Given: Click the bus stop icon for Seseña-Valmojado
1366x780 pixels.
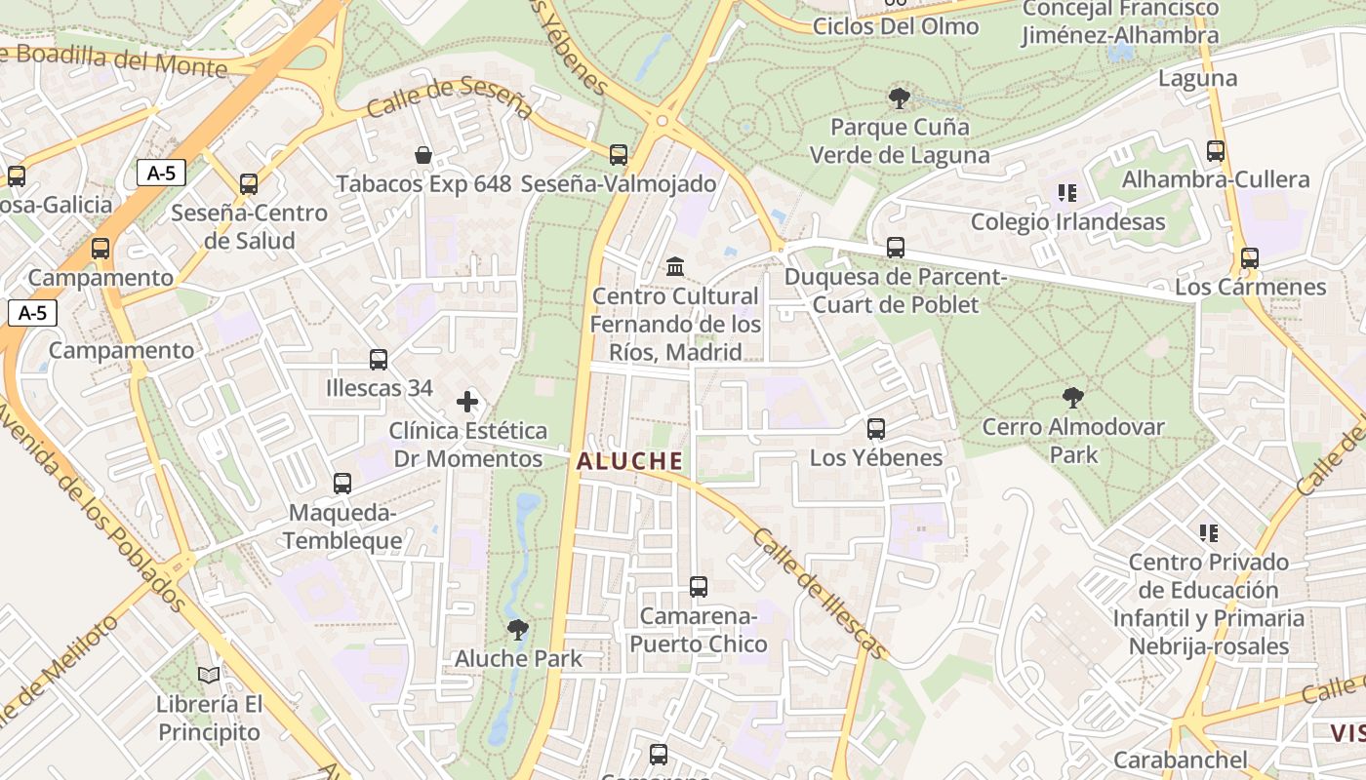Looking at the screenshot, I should (x=618, y=154).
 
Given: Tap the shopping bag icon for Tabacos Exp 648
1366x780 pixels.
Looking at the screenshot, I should (x=423, y=154).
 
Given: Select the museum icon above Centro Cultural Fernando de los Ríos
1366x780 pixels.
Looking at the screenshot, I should (x=674, y=266).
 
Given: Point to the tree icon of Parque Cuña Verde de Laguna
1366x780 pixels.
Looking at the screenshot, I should (x=900, y=97).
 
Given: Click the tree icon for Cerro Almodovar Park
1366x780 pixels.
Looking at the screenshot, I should (x=1072, y=397).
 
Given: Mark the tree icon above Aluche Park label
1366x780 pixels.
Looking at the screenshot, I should (x=518, y=629).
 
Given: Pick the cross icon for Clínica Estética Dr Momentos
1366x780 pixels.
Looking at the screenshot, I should (x=467, y=401).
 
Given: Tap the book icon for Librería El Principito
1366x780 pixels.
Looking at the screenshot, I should (x=209, y=674).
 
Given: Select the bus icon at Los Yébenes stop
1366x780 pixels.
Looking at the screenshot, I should (x=876, y=428).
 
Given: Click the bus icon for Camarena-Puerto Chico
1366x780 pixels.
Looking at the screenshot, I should (x=698, y=586).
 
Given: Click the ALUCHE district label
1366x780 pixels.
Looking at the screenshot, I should (x=628, y=461).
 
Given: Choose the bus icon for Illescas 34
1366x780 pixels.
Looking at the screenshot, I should (x=379, y=359).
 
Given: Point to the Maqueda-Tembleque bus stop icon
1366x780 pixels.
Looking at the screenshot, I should (x=342, y=483).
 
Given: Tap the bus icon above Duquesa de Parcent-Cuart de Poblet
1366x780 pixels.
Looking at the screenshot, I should (x=895, y=248).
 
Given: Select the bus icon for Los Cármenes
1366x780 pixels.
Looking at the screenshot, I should (x=1249, y=258).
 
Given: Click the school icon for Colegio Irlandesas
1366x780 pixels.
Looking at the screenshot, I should (x=1066, y=193).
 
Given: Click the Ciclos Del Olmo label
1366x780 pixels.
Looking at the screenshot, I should (x=895, y=26).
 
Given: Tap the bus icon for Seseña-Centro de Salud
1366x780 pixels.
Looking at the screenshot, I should (x=249, y=183).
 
